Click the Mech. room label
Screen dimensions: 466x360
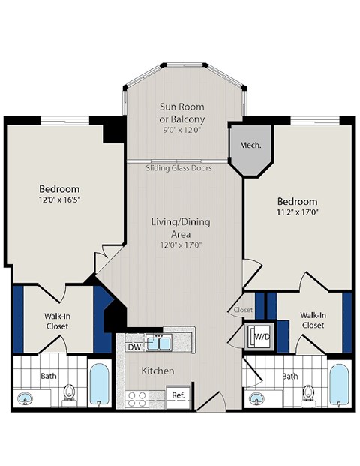coord(250,145)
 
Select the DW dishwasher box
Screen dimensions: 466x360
coord(134,346)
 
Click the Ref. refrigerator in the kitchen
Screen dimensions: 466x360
coord(178,395)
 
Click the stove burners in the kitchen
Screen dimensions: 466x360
coord(136,397)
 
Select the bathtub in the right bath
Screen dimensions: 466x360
coord(339,383)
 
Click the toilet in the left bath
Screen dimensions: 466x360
coord(70,392)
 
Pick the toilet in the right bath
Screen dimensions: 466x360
coord(308,392)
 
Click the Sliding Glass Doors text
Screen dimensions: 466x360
coord(178,168)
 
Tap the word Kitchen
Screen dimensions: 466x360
coord(158,371)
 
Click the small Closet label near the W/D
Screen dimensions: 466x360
coord(243,309)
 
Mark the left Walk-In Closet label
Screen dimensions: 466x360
coord(57,321)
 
